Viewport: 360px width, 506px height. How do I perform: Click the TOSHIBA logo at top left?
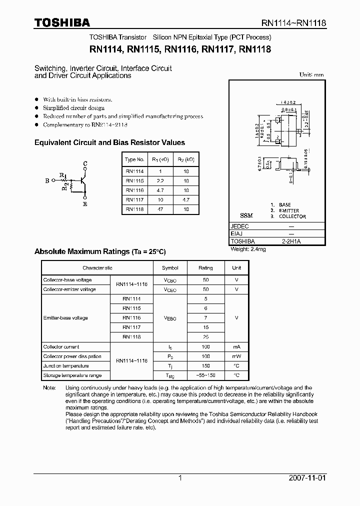pyautogui.click(x=62, y=22)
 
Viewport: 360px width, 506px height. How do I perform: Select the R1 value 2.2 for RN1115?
pyautogui.click(x=160, y=180)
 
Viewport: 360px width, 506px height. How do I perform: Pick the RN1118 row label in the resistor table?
pyautogui.click(x=134, y=209)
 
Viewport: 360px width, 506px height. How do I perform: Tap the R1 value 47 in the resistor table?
pyautogui.click(x=160, y=209)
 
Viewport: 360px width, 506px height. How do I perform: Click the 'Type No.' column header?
pyautogui.click(x=134, y=159)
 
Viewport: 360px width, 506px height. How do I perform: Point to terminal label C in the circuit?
pyautogui.click(x=85, y=164)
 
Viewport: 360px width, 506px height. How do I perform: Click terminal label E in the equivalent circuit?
pyautogui.click(x=85, y=204)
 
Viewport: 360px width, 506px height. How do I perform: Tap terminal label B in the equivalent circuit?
pyautogui.click(x=47, y=181)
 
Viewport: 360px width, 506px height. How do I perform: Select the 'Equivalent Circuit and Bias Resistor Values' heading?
pyautogui.click(x=109, y=142)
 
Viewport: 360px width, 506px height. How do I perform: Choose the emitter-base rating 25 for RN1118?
pyautogui.click(x=205, y=337)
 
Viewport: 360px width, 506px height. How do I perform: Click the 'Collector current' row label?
pyautogui.click(x=61, y=346)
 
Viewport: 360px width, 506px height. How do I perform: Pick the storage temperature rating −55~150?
pyautogui.click(x=205, y=375)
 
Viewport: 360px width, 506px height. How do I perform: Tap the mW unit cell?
pyautogui.click(x=236, y=356)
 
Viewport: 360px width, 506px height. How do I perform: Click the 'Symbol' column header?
pyautogui.click(x=170, y=268)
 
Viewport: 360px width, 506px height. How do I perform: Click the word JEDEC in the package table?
pyautogui.click(x=240, y=225)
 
